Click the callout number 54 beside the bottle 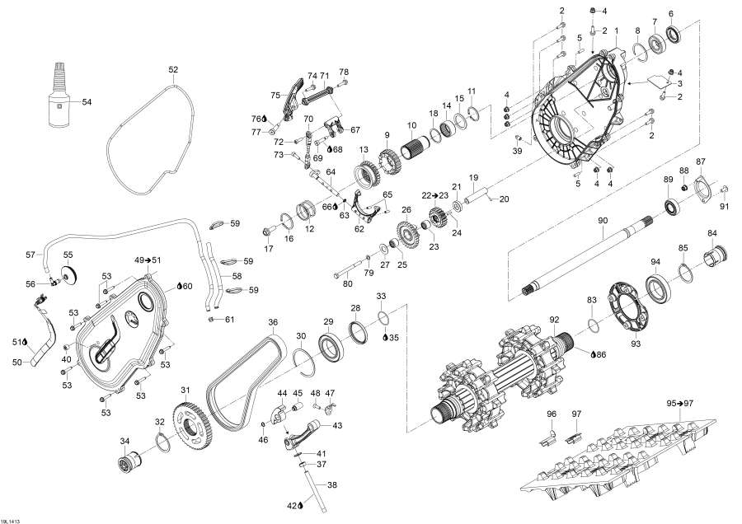click(87, 101)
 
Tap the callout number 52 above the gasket click(173, 70)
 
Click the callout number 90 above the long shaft click(603, 220)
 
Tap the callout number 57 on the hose click(31, 254)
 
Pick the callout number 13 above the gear click(362, 149)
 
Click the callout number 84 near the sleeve click(712, 233)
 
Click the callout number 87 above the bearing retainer click(701, 161)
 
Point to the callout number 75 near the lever click(275, 95)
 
